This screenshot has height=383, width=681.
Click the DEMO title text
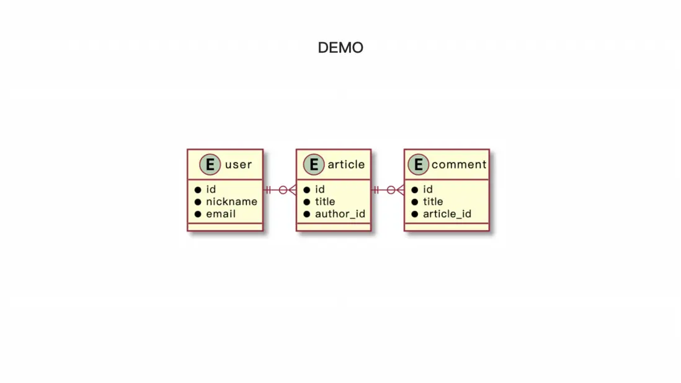340,48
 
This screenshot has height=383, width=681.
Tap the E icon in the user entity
210,164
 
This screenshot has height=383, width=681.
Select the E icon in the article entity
314,164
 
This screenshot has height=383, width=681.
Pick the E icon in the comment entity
418,164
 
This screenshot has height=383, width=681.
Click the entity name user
238,165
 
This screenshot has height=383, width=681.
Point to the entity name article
346,164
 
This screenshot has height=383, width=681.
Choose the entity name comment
459,165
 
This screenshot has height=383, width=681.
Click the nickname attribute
231,201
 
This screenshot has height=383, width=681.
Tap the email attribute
221,214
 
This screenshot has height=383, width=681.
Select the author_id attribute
340,214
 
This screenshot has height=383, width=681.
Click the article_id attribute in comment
447,214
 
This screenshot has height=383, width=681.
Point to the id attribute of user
211,189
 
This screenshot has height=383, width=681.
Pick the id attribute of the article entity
319,189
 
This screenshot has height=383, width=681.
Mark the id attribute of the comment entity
428,189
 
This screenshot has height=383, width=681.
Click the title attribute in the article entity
325,201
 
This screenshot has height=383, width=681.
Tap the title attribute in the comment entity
433,201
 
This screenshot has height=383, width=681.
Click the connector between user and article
280,190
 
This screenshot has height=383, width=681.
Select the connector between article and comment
388,190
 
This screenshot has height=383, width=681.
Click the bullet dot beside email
198,214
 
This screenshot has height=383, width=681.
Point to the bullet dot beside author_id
306,214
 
